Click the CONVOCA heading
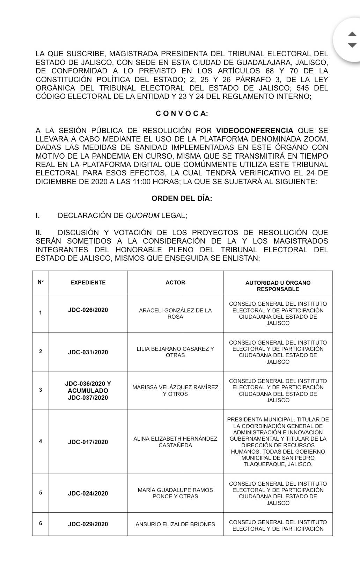[182, 113]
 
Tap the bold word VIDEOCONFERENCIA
[255, 131]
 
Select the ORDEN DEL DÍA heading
[182, 198]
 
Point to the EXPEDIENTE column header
[88, 282]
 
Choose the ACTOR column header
[175, 282]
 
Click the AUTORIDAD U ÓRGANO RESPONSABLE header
[278, 286]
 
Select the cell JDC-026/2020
[88, 310]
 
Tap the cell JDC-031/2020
[88, 352]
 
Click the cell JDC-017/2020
[88, 442]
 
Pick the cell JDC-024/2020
[88, 493]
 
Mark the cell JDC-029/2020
[88, 524]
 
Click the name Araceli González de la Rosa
[175, 313]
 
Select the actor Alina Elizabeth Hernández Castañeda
[175, 442]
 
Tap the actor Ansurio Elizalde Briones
[175, 524]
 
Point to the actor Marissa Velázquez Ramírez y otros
[175, 391]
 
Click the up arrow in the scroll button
[352, 34]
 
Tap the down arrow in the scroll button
[352, 45]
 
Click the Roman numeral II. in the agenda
[39, 233]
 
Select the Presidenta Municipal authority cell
[278, 442]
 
